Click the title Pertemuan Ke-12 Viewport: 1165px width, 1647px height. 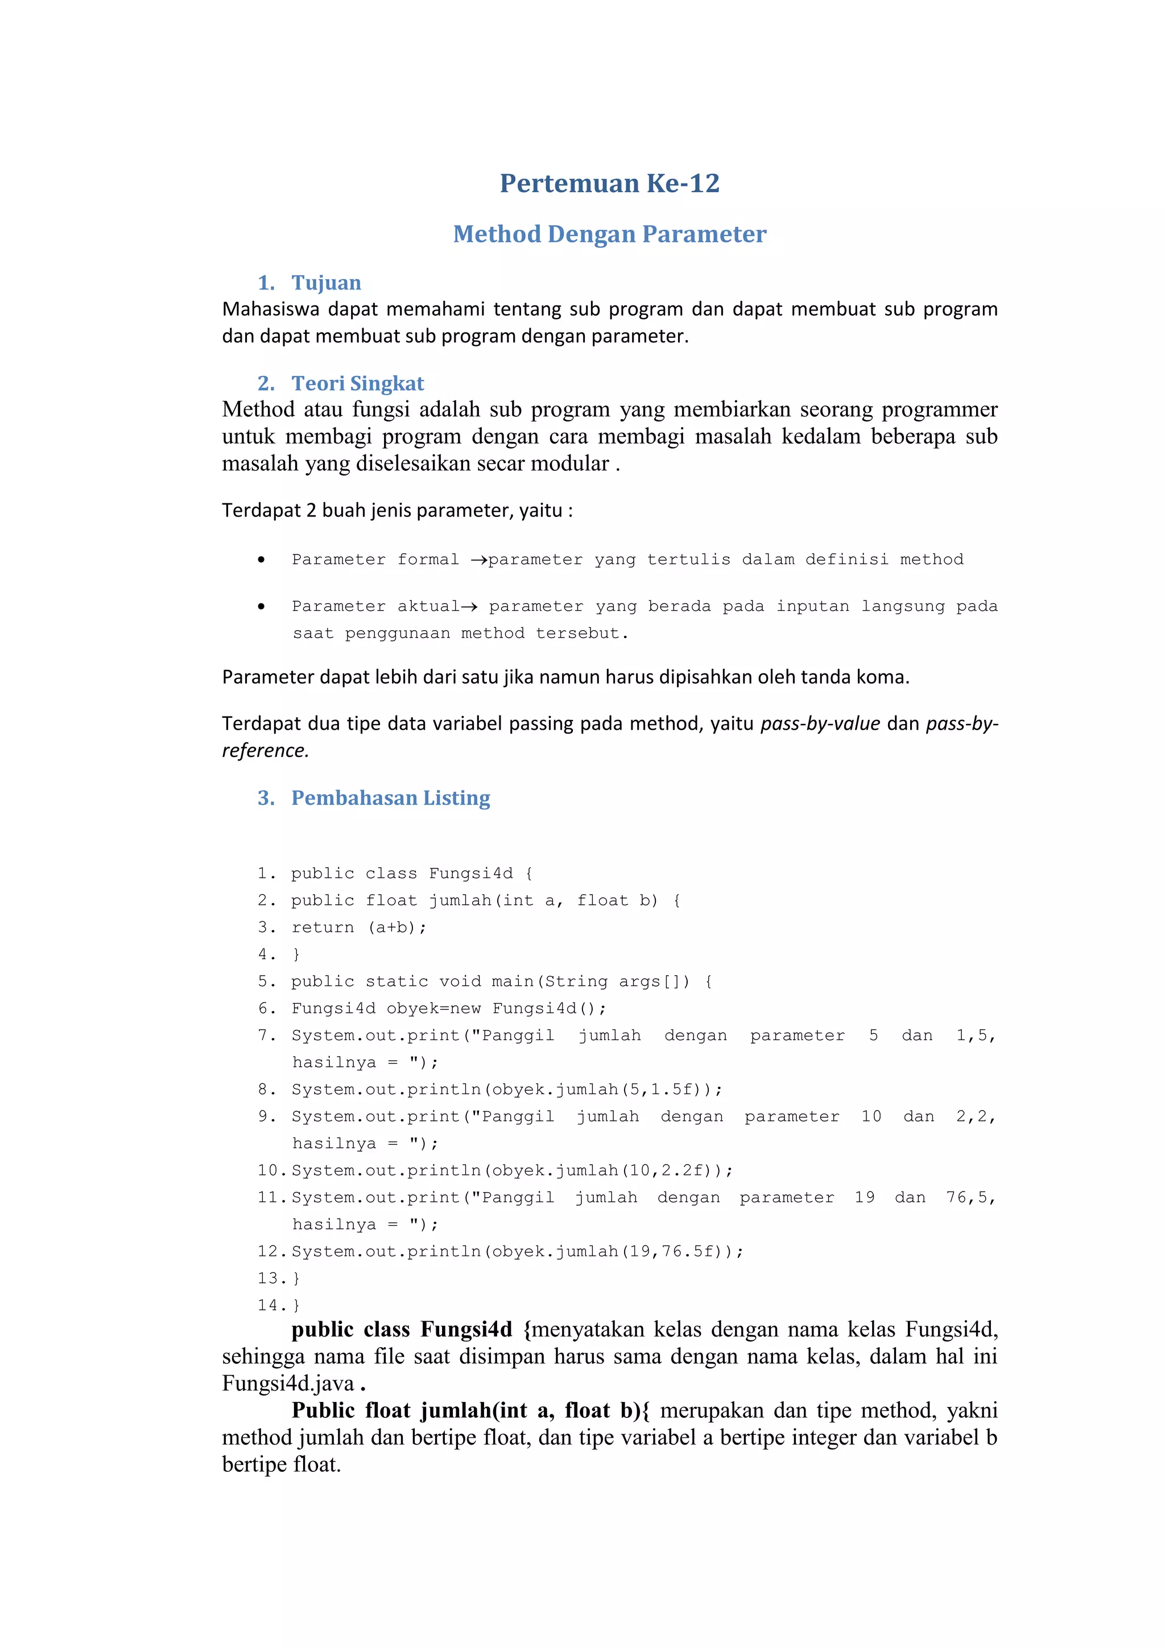pos(609,183)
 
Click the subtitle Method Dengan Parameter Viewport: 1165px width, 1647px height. pos(609,234)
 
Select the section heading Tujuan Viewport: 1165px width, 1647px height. pos(326,283)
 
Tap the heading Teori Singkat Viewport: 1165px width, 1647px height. pos(357,383)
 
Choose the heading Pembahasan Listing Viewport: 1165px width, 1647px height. pos(390,798)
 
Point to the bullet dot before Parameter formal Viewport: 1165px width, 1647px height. pos(261,560)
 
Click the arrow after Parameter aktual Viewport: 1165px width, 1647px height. pos(469,607)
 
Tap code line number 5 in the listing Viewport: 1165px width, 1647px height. pos(263,981)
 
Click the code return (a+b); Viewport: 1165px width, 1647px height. pos(359,928)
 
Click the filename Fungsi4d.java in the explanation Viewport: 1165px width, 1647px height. pos(288,1384)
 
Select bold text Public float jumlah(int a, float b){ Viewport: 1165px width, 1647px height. pos(470,1410)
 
